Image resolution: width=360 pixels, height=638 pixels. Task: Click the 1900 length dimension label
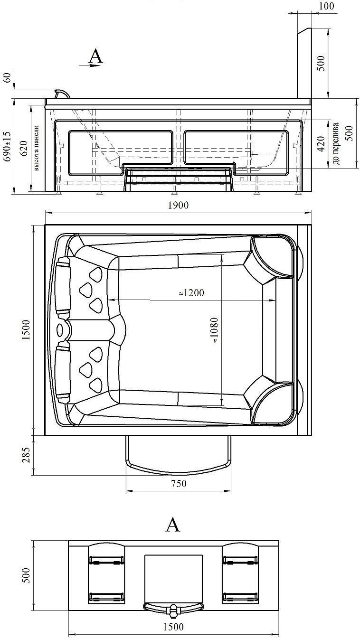(178, 205)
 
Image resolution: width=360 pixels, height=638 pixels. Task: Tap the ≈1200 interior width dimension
(191, 292)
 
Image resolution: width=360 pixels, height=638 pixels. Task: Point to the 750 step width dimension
(179, 483)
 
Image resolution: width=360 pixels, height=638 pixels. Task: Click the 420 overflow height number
(321, 144)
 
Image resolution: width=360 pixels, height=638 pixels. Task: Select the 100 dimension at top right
(326, 6)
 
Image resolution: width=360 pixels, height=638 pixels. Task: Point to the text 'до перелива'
(336, 143)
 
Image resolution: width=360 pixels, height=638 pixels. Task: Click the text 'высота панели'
(36, 148)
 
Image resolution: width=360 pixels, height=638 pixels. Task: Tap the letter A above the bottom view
(173, 525)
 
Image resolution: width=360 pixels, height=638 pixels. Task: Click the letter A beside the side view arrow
(95, 56)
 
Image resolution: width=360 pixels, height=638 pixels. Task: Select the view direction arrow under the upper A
(90, 66)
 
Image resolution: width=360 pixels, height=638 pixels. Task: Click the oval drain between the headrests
(60, 330)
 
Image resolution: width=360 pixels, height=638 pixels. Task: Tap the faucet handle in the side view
(62, 94)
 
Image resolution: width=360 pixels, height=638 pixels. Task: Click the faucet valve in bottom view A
(173, 610)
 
